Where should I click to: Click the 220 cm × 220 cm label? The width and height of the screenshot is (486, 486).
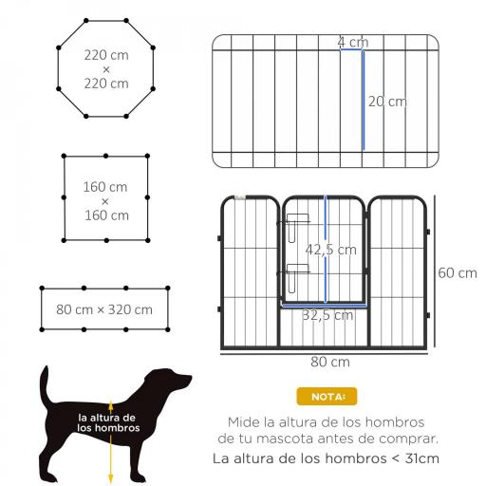tap(105, 69)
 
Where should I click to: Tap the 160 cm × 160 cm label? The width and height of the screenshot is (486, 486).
tap(105, 200)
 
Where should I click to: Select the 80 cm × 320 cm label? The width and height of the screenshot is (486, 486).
tap(104, 309)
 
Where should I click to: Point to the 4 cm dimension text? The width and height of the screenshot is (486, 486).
tap(353, 43)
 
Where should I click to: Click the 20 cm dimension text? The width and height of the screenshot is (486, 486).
tap(387, 102)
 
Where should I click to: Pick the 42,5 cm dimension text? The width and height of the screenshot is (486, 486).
tap(330, 251)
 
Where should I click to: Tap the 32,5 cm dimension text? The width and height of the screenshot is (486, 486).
tap(327, 315)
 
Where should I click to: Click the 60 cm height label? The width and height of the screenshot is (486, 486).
tap(457, 273)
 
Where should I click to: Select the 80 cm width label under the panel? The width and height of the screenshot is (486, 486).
tap(328, 362)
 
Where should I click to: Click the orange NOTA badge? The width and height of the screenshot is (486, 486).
tap(327, 396)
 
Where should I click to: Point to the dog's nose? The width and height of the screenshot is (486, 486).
tap(188, 382)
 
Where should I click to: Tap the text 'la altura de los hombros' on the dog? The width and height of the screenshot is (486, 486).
tap(108, 422)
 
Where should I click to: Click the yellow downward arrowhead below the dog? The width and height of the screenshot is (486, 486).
tap(112, 478)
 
